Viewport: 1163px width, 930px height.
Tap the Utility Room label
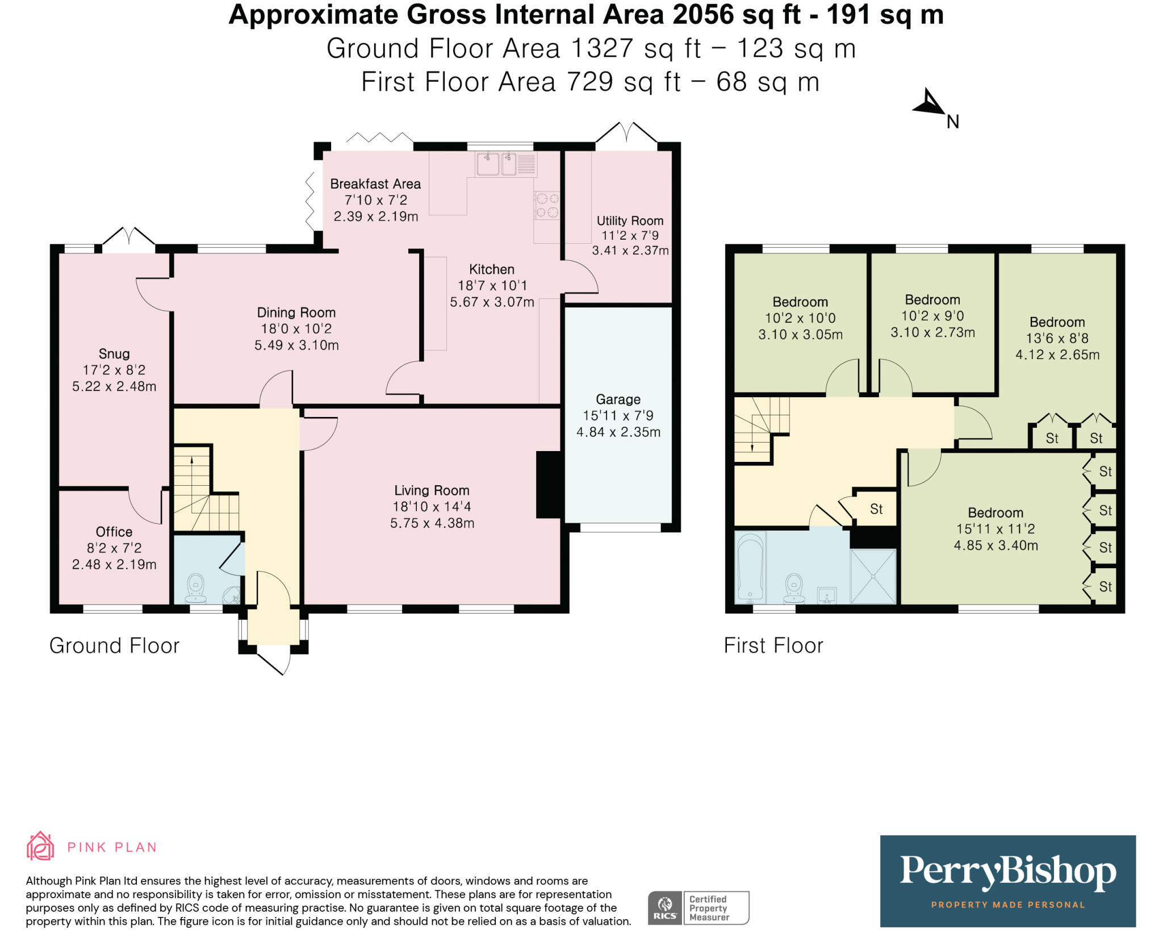click(630, 220)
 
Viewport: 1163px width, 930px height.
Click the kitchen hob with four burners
click(547, 205)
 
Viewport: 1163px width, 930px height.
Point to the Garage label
click(618, 399)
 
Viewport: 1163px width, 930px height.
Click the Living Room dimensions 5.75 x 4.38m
click(432, 523)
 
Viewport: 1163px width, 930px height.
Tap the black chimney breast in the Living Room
click(549, 485)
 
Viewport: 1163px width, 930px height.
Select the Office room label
click(114, 532)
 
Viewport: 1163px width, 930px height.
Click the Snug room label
click(114, 354)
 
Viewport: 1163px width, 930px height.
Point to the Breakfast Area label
click(375, 184)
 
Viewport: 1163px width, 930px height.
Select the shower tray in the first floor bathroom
click(873, 576)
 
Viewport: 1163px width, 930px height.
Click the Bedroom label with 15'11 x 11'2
click(995, 512)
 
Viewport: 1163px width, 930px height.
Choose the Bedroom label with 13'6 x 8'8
click(1057, 322)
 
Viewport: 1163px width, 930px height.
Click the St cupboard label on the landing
click(876, 509)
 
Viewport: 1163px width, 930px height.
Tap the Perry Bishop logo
click(1008, 881)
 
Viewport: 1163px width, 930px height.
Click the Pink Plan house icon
click(40, 846)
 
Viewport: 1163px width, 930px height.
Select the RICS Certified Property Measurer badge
click(698, 908)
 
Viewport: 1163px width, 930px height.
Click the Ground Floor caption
click(114, 645)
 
